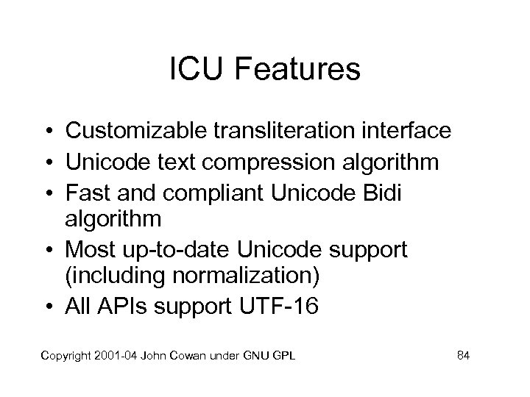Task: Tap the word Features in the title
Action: (294, 71)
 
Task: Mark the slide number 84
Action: (463, 357)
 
